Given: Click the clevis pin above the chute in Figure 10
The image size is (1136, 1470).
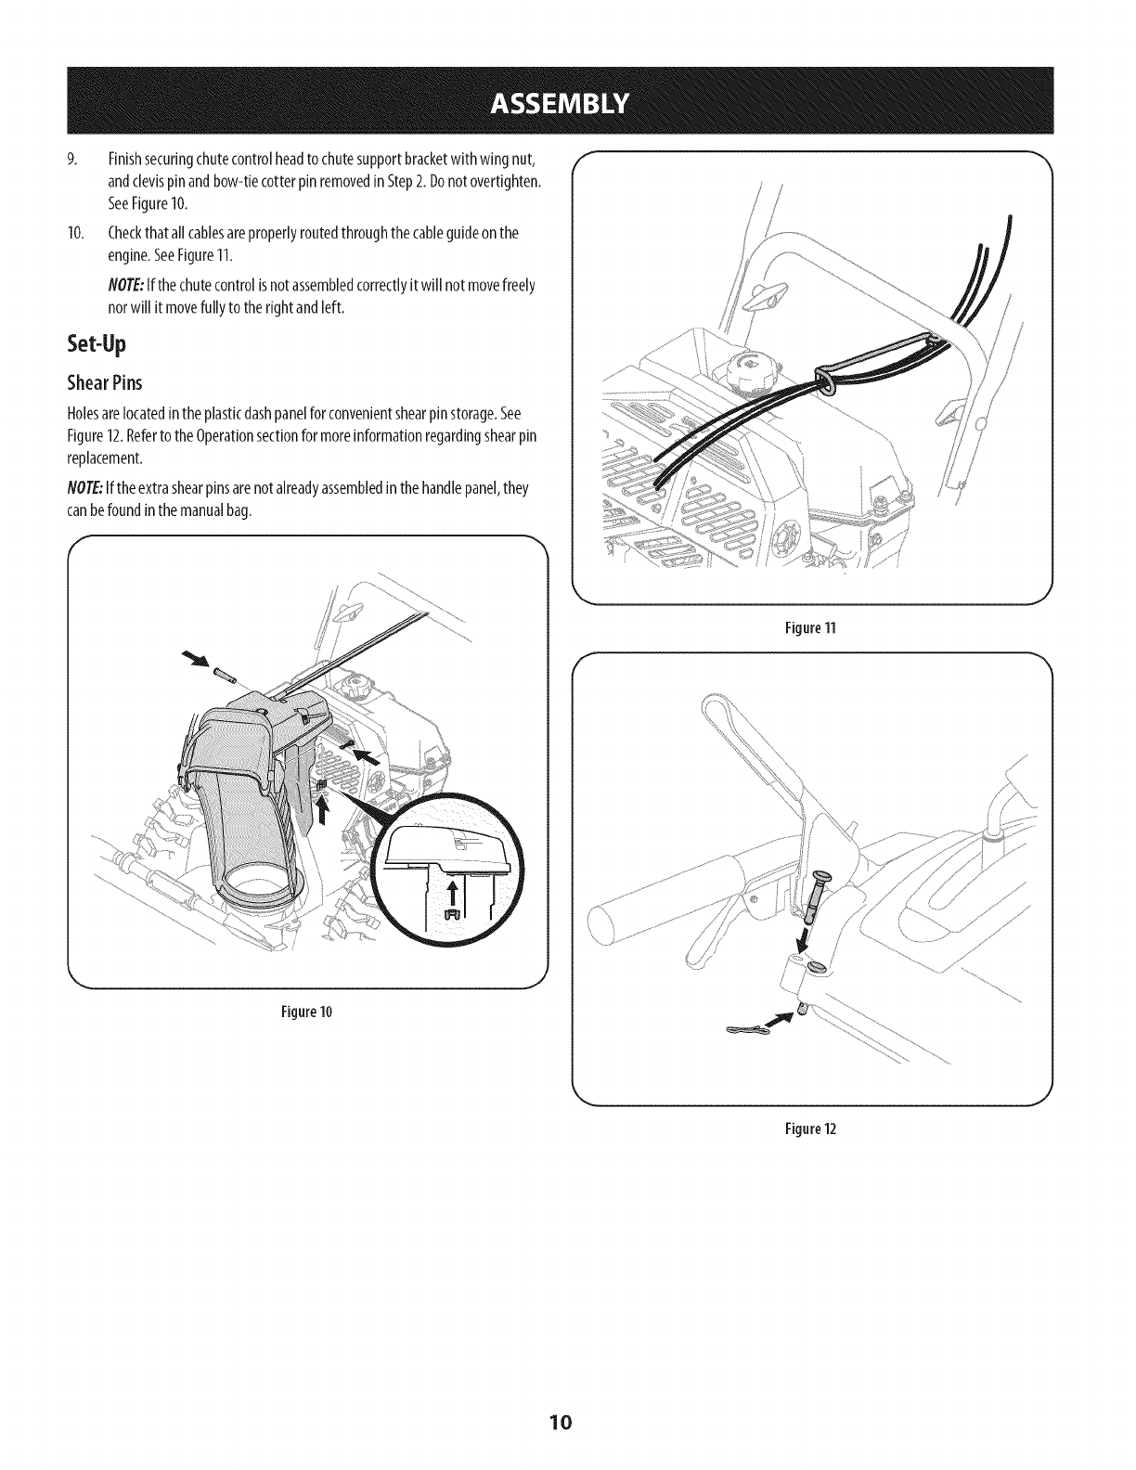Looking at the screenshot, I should pyautogui.click(x=222, y=672).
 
